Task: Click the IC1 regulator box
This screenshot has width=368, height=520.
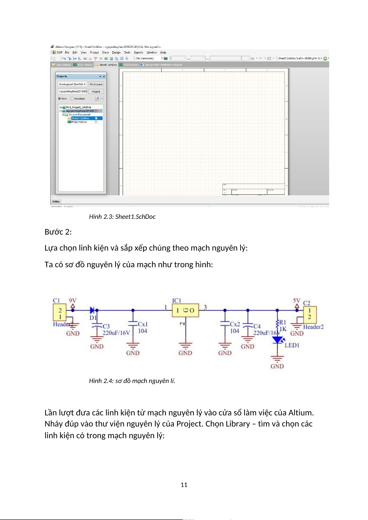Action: (185, 310)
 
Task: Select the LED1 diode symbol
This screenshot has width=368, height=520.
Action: (278, 340)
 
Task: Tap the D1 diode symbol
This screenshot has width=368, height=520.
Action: (92, 310)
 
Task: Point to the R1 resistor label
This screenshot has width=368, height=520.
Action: (282, 322)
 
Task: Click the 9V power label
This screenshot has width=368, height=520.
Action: (73, 301)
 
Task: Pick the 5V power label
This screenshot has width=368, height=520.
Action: (297, 301)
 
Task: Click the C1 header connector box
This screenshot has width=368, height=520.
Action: (60, 313)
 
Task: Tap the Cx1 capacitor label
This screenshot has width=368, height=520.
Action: (142, 324)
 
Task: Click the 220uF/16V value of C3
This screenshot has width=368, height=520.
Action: (116, 333)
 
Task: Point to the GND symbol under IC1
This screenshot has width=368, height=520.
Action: (185, 353)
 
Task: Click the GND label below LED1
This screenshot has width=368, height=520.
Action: (277, 366)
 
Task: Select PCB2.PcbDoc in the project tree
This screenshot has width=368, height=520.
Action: (79, 122)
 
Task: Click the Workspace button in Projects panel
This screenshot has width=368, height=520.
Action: (96, 84)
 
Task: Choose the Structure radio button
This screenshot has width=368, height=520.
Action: (72, 99)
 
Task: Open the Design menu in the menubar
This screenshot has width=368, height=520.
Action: (116, 52)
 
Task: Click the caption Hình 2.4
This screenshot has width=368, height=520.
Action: (132, 381)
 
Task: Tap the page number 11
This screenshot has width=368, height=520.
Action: (184, 485)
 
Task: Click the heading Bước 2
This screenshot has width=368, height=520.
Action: (58, 232)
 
